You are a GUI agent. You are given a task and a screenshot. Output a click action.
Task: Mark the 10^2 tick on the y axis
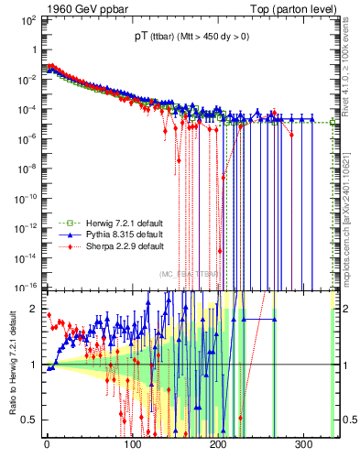[27, 21]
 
